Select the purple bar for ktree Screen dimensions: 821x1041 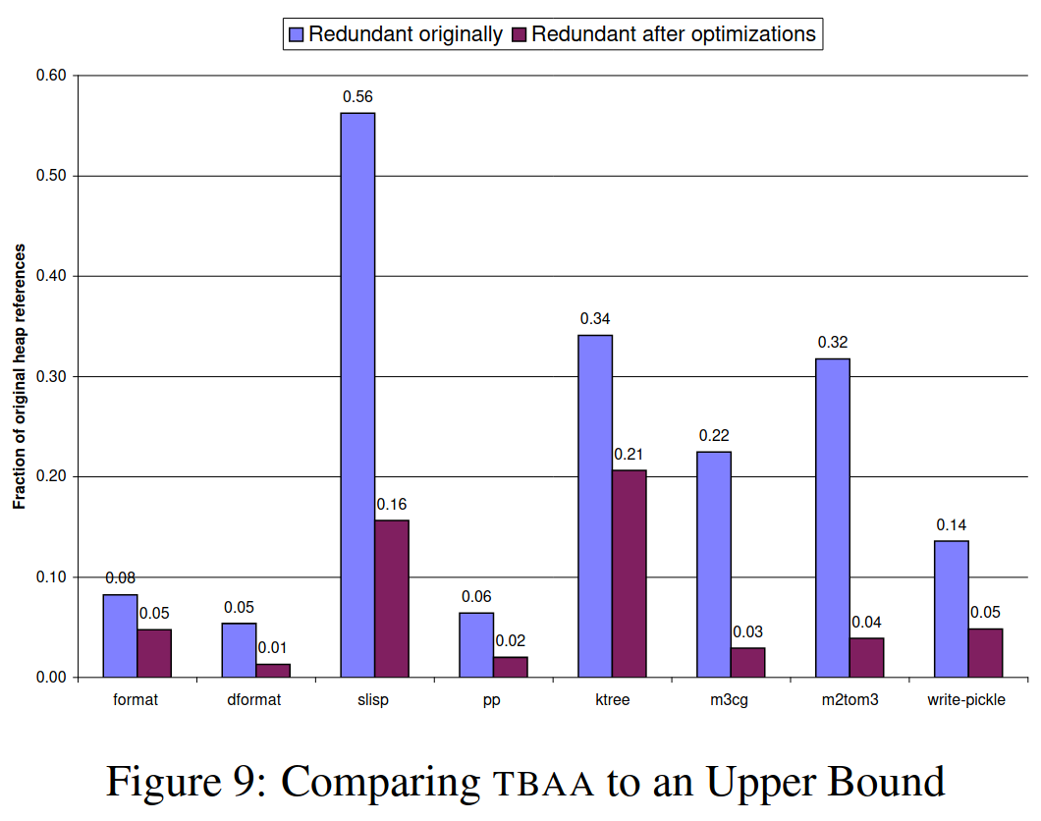click(x=630, y=574)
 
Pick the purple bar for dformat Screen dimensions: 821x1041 click(x=273, y=670)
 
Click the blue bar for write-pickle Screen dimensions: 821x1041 click(x=952, y=609)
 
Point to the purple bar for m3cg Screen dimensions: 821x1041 click(x=748, y=662)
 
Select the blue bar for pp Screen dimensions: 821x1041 click(x=476, y=644)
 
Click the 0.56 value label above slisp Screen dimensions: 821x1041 click(x=357, y=96)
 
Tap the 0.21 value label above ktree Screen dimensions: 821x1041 click(x=630, y=454)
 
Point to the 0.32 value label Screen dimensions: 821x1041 click(x=833, y=343)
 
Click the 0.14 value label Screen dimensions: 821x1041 click(x=952, y=525)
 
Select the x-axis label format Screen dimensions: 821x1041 click(x=136, y=700)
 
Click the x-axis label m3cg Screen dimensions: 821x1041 click(x=730, y=700)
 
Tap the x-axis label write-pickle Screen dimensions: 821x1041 click(x=966, y=700)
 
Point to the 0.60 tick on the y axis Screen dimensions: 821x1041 click(x=50, y=76)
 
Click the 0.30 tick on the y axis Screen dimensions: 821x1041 click(x=50, y=376)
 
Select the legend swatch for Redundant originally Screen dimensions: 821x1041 click(x=296, y=34)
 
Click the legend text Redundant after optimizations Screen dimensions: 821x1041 click(x=674, y=34)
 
